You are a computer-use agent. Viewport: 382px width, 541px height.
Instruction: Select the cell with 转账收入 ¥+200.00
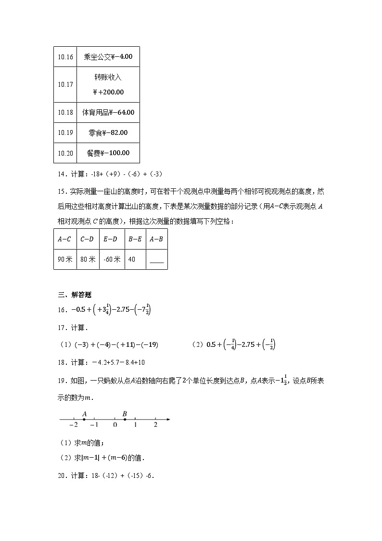coord(108,84)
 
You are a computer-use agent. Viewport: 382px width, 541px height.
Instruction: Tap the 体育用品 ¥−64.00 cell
coord(108,112)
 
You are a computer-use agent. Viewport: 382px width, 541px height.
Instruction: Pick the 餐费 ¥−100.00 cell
coord(108,153)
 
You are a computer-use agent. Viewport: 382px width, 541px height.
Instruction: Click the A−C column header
coord(64,238)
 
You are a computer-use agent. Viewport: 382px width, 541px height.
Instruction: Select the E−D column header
coord(111,238)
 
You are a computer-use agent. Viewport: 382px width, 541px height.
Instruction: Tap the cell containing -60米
coord(111,259)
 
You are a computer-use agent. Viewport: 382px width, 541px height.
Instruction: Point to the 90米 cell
coord(64,259)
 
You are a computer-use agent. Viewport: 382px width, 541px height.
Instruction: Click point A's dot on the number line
coord(84,420)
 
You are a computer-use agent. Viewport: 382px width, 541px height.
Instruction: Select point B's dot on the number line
coord(125,420)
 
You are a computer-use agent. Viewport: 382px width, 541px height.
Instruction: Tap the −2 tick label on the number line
coord(73,425)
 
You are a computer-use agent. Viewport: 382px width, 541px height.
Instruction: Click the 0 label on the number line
coord(115,425)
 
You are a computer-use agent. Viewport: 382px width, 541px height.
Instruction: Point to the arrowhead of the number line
coord(168,420)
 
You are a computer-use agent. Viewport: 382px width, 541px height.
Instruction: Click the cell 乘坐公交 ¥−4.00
coord(108,57)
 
